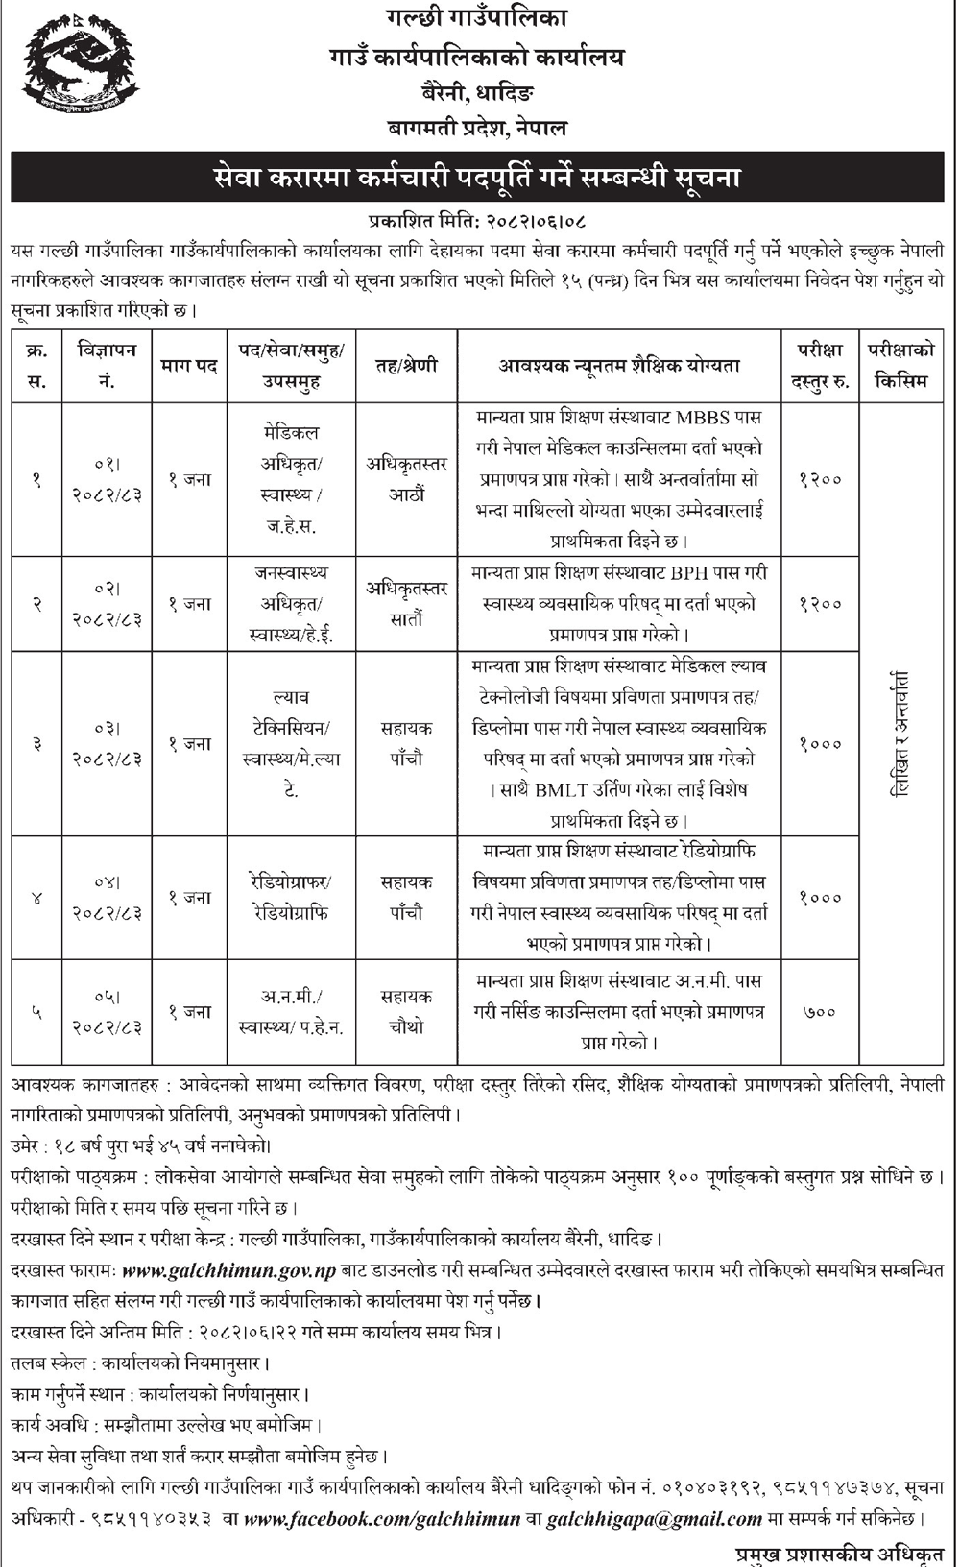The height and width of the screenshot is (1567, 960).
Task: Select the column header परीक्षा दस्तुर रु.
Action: [819, 365]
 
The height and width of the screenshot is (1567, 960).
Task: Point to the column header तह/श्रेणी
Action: [406, 365]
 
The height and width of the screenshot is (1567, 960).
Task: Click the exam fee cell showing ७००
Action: [819, 1011]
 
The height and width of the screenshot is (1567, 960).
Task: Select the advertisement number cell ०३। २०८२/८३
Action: [108, 743]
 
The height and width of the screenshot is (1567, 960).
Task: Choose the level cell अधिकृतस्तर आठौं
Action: [406, 479]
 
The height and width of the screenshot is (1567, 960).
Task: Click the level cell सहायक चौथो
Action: [406, 1012]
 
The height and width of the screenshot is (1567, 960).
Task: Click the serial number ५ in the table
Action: [36, 1011]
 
